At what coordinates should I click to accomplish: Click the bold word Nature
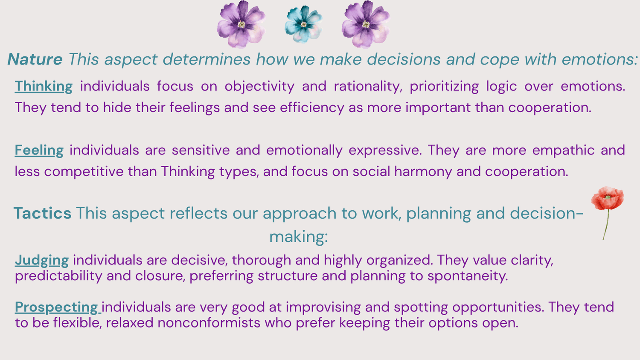[35, 59]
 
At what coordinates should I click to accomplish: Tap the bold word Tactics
[42, 213]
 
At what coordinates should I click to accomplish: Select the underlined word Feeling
[39, 151]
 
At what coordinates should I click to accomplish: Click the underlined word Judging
[42, 261]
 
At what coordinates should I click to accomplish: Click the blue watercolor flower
[303, 25]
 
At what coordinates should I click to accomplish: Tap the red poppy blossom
[608, 198]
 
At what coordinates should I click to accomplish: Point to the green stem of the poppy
[606, 225]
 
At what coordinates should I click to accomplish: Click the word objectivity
[259, 87]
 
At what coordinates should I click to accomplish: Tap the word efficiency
[312, 108]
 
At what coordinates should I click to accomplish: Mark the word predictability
[58, 276]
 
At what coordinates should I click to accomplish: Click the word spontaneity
[468, 276]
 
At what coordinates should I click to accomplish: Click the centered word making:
[299, 237]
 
